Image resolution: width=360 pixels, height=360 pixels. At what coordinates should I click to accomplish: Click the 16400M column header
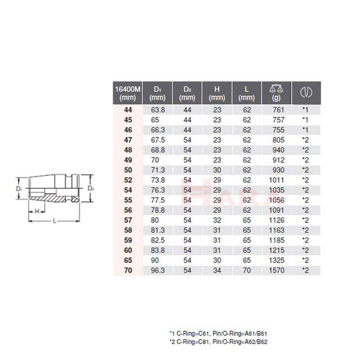pyautogui.click(x=127, y=93)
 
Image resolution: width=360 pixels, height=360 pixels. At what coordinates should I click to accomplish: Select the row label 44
pyautogui.click(x=128, y=111)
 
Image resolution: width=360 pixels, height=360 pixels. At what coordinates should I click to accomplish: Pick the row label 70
pyautogui.click(x=128, y=270)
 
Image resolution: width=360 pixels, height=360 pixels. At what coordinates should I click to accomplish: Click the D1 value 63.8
pyautogui.click(x=157, y=111)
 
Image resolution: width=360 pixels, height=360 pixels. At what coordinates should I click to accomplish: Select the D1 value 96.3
pyautogui.click(x=157, y=270)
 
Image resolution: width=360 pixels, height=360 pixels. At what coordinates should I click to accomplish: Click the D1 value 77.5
pyautogui.click(x=157, y=199)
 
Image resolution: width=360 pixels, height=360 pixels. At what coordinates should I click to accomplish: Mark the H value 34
pyautogui.click(x=217, y=270)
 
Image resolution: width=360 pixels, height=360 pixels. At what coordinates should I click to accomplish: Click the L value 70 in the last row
pyautogui.click(x=246, y=270)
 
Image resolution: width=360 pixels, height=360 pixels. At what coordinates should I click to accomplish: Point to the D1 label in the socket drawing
pyautogui.click(x=20, y=190)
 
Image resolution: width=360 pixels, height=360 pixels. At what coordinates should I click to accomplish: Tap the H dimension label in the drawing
pyautogui.click(x=37, y=212)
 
